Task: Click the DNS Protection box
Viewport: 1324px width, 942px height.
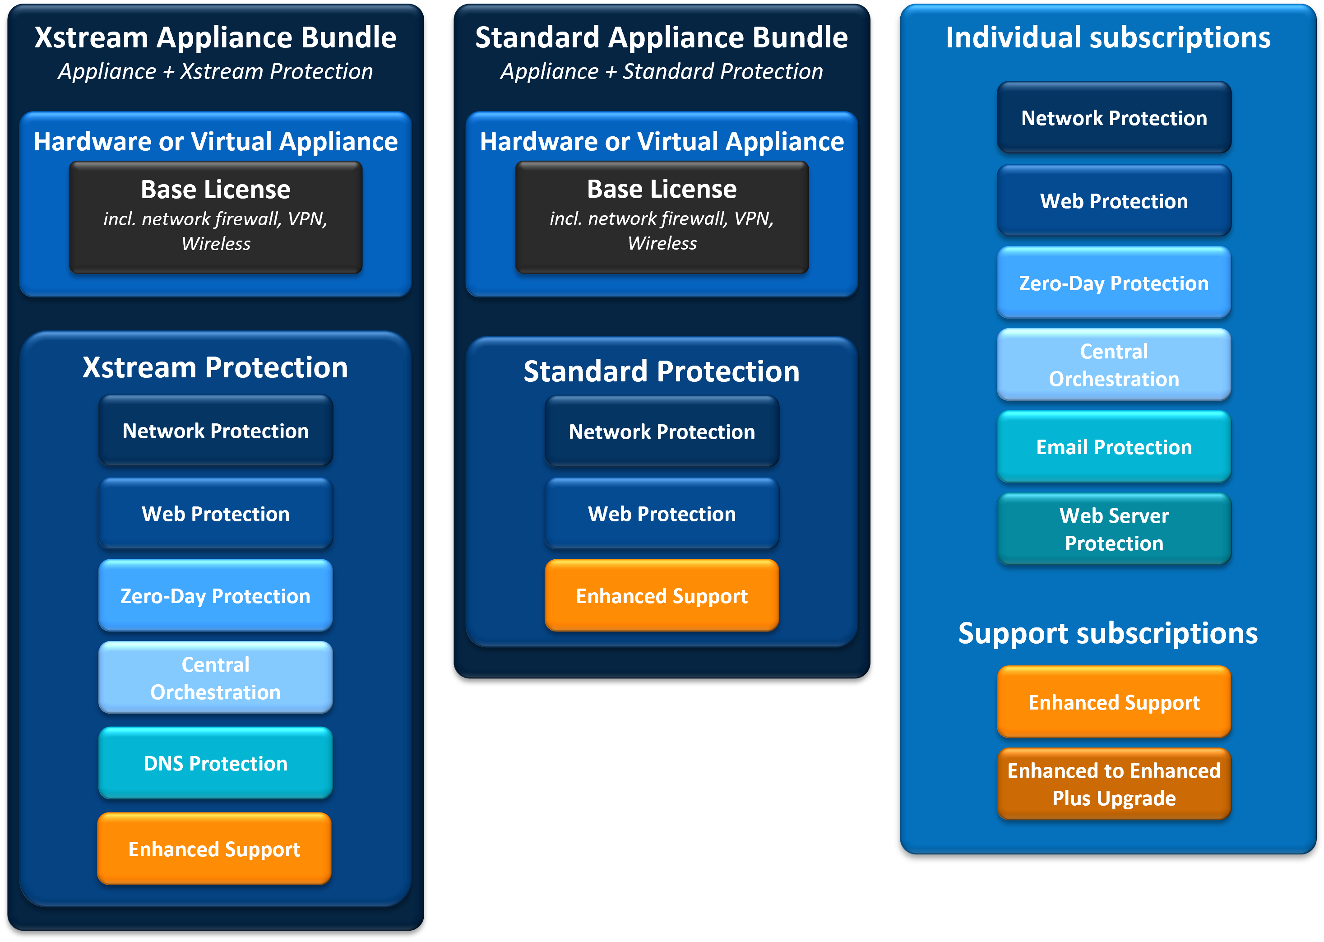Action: pos(215,763)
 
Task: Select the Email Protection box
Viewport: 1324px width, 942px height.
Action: pos(1113,447)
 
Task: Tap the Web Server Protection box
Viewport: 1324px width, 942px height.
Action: pos(1113,529)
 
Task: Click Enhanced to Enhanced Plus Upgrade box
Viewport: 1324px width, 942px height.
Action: pos(1113,784)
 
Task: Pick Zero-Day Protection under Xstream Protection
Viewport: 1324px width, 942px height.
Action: pos(215,596)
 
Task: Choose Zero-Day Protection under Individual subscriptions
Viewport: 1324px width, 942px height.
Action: pos(1113,283)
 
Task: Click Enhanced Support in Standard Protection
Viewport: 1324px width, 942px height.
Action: pos(662,596)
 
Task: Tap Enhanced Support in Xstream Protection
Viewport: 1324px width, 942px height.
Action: pos(214,849)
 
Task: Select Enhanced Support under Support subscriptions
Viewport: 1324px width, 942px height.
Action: pos(1113,702)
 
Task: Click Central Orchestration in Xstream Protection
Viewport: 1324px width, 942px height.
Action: pos(215,678)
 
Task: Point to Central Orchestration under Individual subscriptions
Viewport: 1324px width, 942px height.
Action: pos(1113,365)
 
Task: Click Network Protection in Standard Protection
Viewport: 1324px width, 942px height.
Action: pos(662,432)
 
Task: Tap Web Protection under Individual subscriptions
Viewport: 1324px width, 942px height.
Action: pos(1113,201)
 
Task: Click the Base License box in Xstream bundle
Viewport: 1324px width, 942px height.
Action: pos(216,216)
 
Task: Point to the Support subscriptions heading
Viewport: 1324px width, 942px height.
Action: pos(1108,633)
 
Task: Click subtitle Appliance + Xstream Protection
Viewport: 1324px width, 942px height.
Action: pos(215,71)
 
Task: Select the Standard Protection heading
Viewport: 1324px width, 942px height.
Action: pos(661,371)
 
